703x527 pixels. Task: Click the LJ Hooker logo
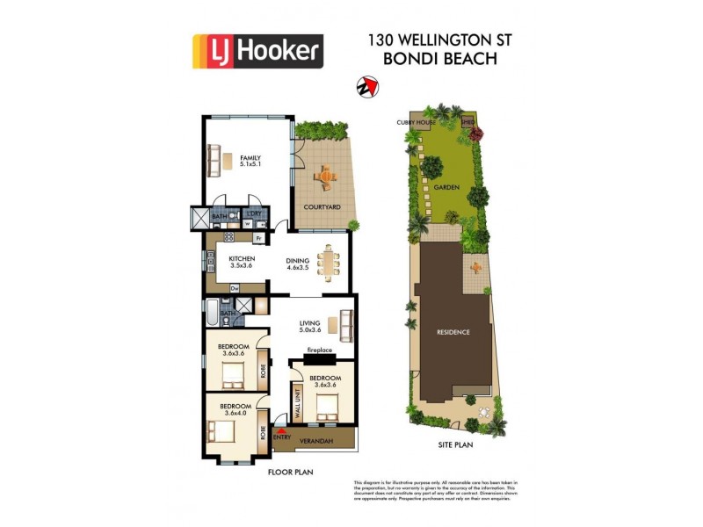point(257,51)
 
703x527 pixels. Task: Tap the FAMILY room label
point(250,155)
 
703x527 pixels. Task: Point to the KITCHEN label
point(242,258)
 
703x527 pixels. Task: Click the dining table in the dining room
point(329,261)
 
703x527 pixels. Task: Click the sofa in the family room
point(214,161)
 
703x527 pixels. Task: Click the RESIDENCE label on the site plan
point(454,332)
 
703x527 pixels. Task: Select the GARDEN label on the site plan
point(446,187)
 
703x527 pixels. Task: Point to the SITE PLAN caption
point(456,445)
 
